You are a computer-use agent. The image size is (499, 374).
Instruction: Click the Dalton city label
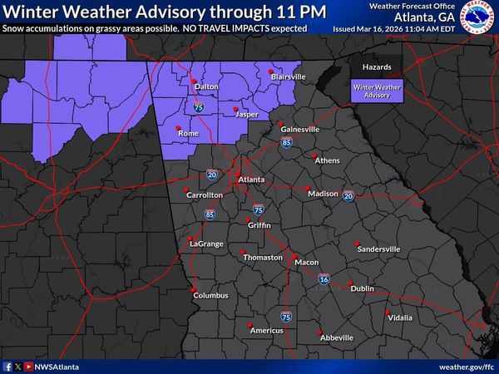coord(206,86)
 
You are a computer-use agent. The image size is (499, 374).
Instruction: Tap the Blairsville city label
coord(288,76)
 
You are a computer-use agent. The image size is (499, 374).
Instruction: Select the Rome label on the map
coord(188,133)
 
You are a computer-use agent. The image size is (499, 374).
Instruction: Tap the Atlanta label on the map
coord(251,180)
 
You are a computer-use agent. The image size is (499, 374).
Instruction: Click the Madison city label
coord(323,194)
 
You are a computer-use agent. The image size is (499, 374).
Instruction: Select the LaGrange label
coord(205,244)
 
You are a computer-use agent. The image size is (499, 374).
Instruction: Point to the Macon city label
coord(306,263)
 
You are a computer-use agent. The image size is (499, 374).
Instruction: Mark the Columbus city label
coord(210,295)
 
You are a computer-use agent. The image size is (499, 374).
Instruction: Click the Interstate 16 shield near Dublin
coord(324,280)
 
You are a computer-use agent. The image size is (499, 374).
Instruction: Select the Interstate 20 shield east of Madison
coord(348,195)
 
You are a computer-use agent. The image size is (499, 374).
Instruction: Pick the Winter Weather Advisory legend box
coord(375,91)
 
